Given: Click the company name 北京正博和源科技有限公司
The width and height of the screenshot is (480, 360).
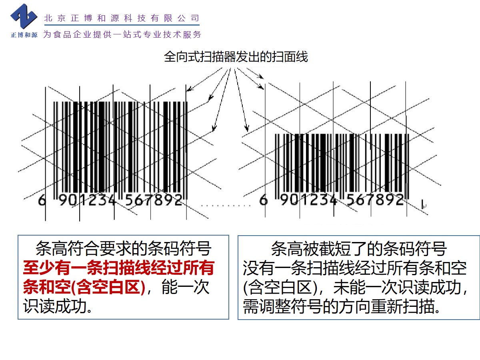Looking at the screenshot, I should [x=121, y=18].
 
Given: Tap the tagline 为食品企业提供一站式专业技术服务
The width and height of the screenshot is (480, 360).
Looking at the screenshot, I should [x=122, y=35].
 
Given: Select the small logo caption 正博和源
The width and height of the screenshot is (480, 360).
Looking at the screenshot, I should [x=24, y=35].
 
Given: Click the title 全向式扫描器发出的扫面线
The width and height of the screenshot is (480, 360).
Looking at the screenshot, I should [x=236, y=57].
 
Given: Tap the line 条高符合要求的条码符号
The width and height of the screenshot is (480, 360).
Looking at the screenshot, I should [x=123, y=249].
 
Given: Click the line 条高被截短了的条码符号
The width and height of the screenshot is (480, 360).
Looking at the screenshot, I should [x=359, y=249].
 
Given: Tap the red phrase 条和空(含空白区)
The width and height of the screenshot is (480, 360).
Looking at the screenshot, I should [x=84, y=288].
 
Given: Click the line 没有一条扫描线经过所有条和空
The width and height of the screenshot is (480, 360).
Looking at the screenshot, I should [x=355, y=268].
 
